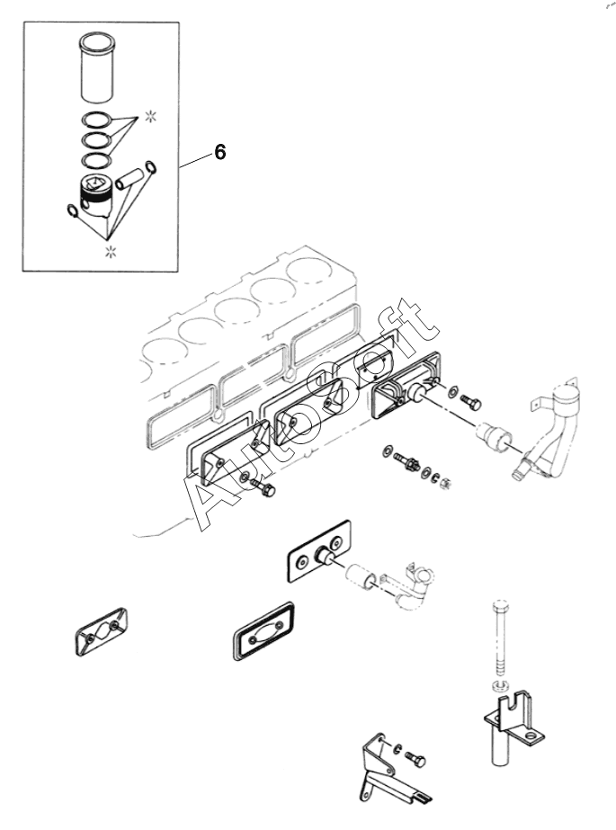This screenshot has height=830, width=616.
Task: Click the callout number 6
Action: coord(220,153)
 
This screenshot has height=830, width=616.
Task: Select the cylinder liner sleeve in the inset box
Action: coord(96,67)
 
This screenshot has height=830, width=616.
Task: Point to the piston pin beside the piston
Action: coord(130,177)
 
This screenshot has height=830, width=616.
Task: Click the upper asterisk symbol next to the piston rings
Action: coord(151,117)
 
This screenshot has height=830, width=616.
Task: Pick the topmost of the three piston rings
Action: coord(96,120)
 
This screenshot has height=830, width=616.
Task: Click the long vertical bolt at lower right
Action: coord(501,640)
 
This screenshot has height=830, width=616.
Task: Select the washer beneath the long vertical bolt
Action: coord(498,686)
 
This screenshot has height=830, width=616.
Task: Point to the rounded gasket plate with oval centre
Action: coord(263,630)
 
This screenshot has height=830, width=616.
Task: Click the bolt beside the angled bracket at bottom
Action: coord(416,760)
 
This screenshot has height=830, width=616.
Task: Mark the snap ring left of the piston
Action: coord(73,210)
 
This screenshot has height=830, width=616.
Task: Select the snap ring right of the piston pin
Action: coord(150,166)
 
